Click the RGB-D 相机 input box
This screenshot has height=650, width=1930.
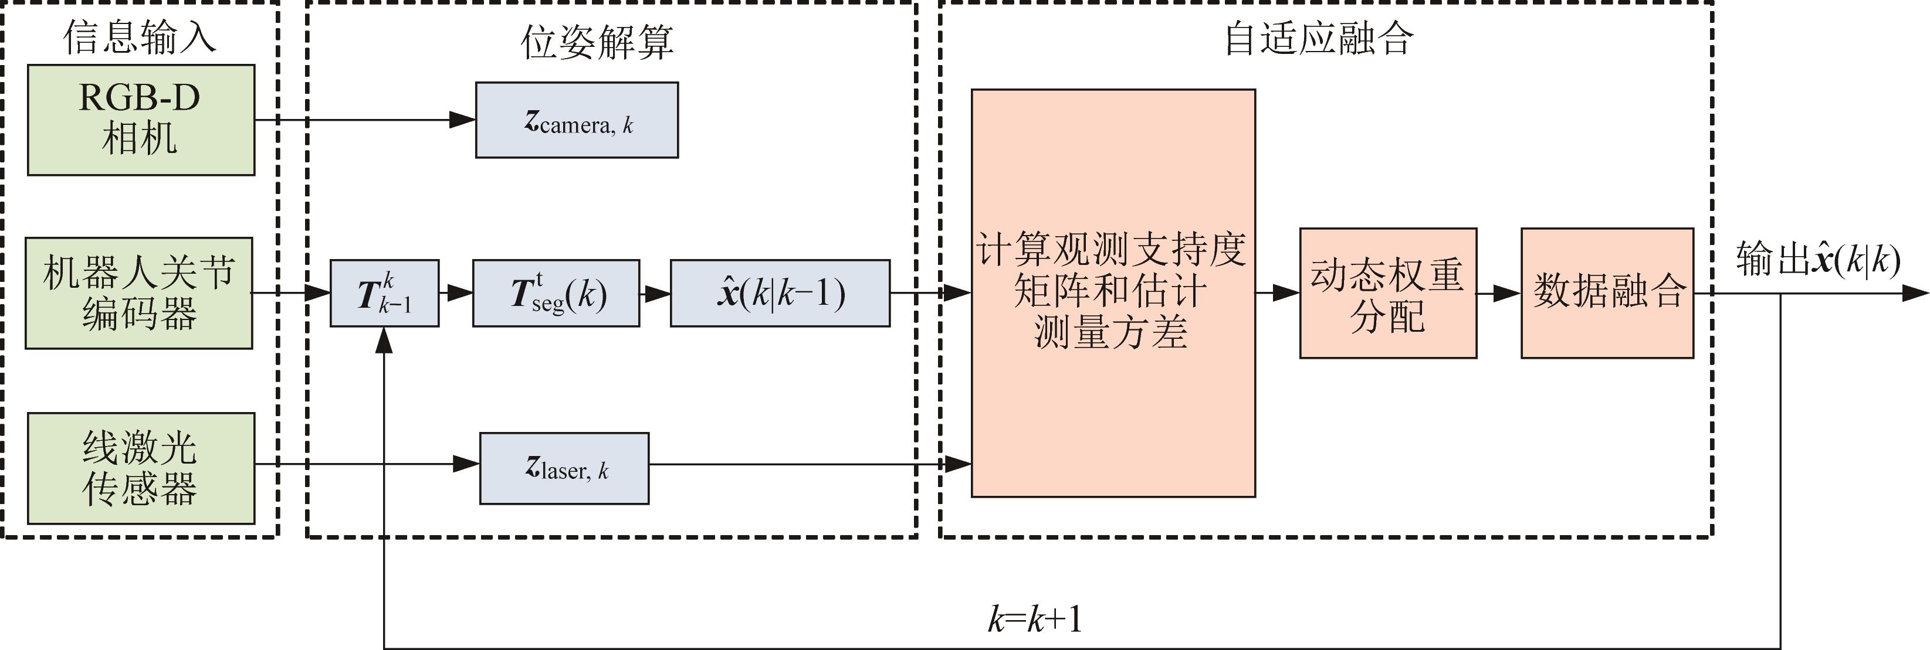141,120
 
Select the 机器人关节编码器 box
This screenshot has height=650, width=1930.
138,293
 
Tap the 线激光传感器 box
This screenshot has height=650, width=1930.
141,468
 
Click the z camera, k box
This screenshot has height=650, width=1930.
576,120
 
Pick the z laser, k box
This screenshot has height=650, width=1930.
563,468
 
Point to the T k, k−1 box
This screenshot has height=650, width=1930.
384,293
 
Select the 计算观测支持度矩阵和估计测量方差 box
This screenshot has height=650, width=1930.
1113,293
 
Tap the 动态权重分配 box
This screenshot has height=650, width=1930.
1387,293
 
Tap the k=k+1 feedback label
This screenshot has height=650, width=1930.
1035,620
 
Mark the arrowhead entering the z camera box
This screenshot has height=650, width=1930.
463,120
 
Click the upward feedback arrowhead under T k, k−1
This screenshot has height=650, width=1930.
384,341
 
